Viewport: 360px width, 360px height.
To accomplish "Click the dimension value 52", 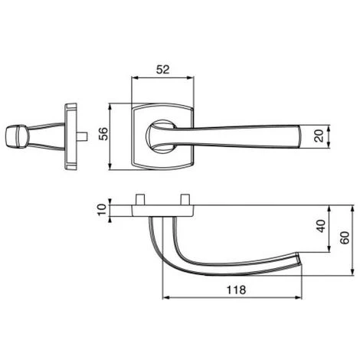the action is pyautogui.click(x=162, y=69).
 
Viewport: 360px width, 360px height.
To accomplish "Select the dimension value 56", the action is pyautogui.click(x=103, y=133).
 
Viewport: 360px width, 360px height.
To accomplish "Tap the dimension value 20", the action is pyautogui.click(x=319, y=136).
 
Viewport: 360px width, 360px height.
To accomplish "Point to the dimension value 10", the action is pyautogui.click(x=102, y=210).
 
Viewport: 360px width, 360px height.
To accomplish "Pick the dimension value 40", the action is pyautogui.click(x=321, y=226).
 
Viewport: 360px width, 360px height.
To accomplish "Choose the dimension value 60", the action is pyautogui.click(x=345, y=237).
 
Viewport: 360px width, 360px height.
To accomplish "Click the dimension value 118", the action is pyautogui.click(x=236, y=290).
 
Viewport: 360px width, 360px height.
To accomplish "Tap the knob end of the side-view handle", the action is pyautogui.click(x=16, y=136).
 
